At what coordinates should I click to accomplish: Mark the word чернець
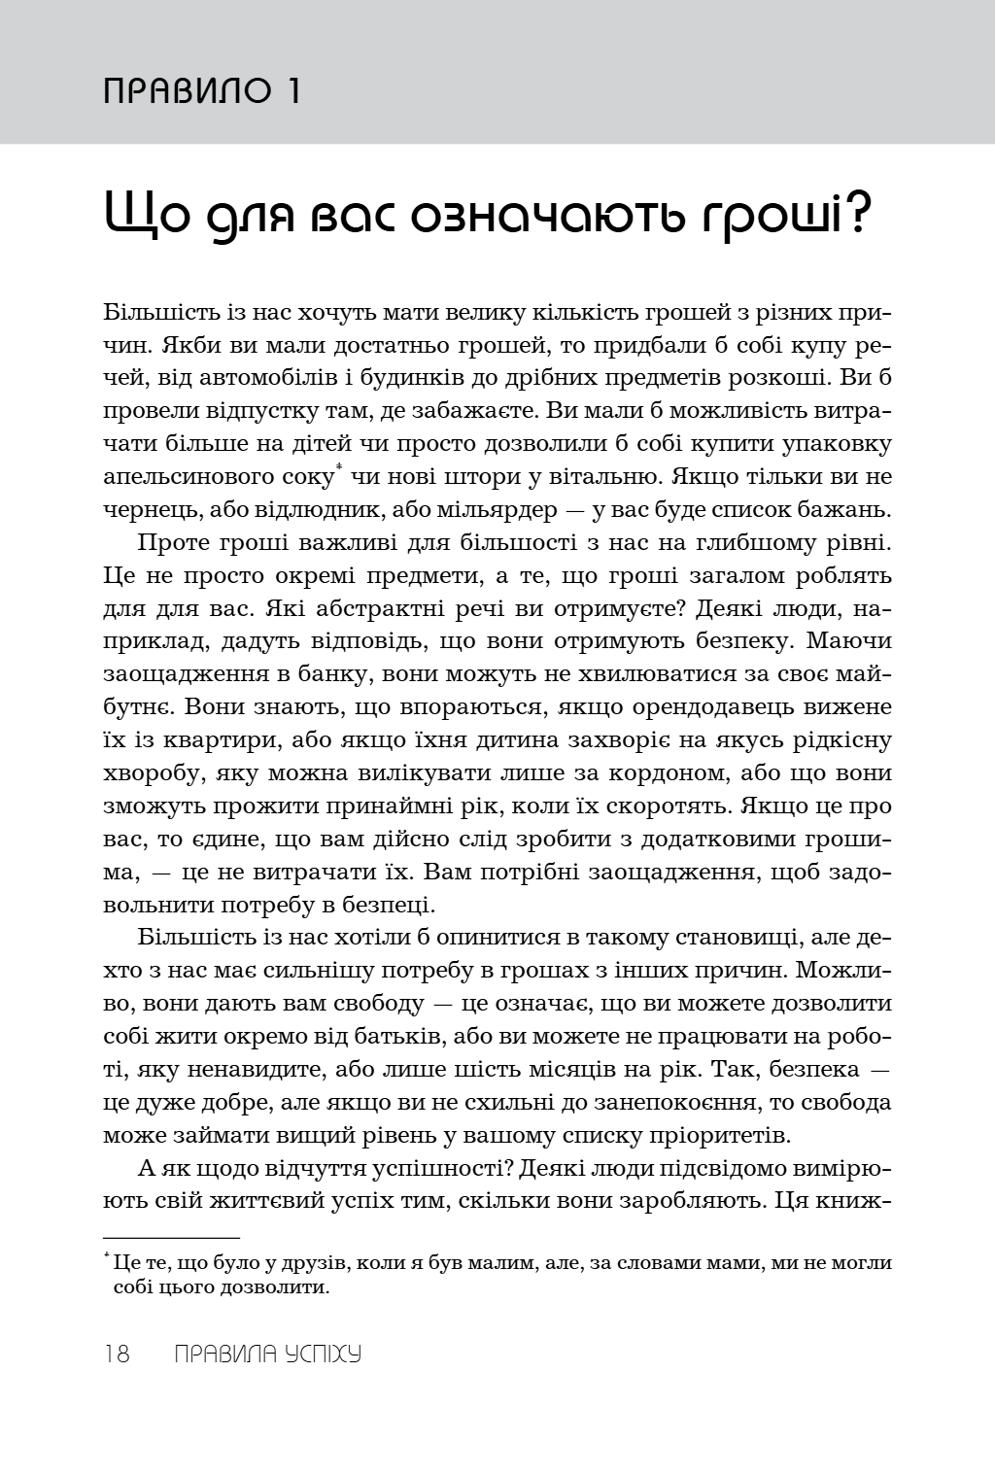pyautogui.click(x=142, y=510)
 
